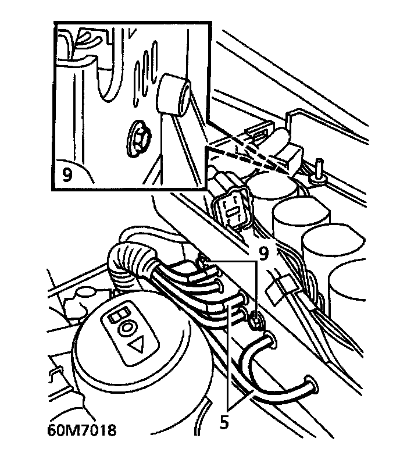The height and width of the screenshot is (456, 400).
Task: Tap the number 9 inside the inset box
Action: (x=68, y=174)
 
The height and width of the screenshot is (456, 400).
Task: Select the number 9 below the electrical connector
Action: (x=265, y=252)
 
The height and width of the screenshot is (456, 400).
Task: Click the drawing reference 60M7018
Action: (x=81, y=430)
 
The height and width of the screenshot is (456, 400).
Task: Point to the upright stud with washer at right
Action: (x=318, y=169)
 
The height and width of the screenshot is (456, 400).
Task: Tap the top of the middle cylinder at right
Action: (x=301, y=210)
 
